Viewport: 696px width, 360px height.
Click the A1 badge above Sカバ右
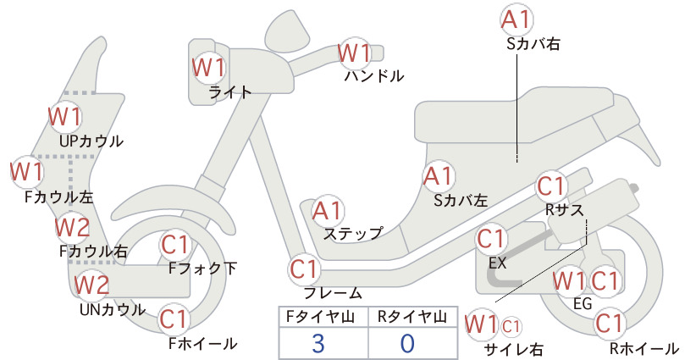[x=516, y=19]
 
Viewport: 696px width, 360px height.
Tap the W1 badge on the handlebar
[x=354, y=53]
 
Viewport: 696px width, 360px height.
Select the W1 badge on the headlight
[x=209, y=68]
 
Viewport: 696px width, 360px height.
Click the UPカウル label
[x=91, y=141]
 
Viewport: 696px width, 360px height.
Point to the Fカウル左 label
[x=59, y=197]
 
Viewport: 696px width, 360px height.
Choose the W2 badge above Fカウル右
[x=72, y=227]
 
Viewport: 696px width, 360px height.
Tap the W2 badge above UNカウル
[x=91, y=285]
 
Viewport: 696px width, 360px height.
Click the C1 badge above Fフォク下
[x=175, y=245]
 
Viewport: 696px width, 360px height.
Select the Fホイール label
[x=202, y=343]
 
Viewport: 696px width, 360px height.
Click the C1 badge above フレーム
[x=305, y=269]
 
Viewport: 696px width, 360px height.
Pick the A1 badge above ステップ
[x=327, y=211]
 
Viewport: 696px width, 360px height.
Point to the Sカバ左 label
[x=461, y=201]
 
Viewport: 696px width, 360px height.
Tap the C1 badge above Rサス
[x=551, y=186]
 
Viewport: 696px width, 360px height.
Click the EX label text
[x=497, y=263]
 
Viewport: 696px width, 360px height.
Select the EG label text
[x=583, y=303]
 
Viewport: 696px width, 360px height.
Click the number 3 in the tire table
[x=318, y=343]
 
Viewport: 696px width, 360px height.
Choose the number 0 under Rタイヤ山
[x=407, y=343]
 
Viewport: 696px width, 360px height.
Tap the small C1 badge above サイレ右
[x=511, y=327]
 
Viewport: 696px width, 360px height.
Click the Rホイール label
[x=644, y=348]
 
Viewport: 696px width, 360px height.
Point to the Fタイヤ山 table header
[x=320, y=317]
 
